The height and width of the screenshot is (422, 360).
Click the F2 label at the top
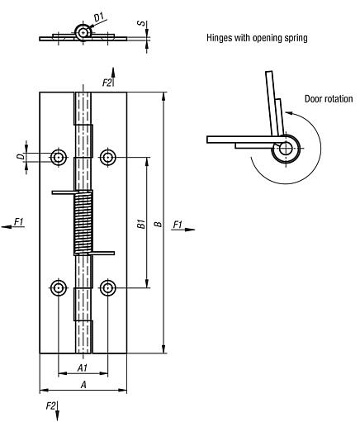(x=107, y=82)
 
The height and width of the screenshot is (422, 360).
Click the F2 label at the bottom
(x=51, y=405)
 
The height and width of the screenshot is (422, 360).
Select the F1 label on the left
(x=19, y=220)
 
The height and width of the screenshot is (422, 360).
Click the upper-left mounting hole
(x=59, y=156)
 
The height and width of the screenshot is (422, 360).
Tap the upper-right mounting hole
(x=107, y=156)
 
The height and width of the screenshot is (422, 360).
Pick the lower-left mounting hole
(x=59, y=287)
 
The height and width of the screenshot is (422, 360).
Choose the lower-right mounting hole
(x=107, y=287)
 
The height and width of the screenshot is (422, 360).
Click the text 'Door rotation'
(x=329, y=99)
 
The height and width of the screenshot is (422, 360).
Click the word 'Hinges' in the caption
(x=220, y=38)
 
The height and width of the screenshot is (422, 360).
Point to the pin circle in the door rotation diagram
(x=286, y=149)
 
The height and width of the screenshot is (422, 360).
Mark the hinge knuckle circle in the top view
(x=83, y=32)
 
